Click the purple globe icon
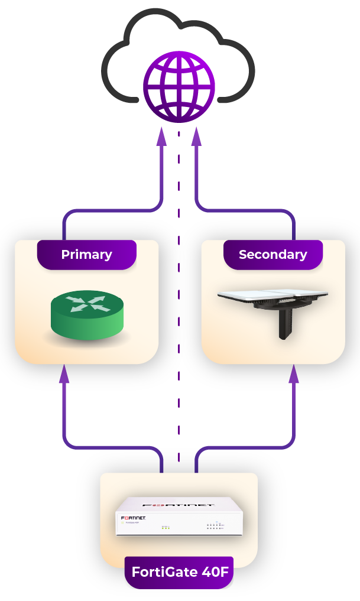[179, 87]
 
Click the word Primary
[86, 255]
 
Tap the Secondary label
[273, 255]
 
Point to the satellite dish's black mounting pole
[287, 325]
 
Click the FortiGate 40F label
[179, 572]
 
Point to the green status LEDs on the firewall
[166, 528]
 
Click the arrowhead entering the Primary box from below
[64, 374]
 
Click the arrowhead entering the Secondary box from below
[294, 374]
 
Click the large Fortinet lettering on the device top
[179, 505]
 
